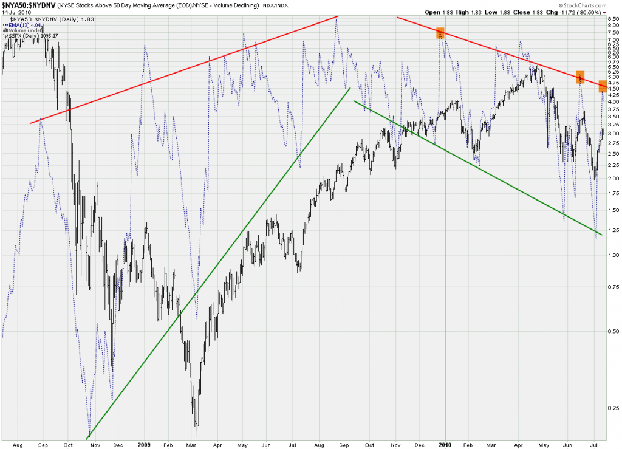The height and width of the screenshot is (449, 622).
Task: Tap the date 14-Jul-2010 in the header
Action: tap(16, 12)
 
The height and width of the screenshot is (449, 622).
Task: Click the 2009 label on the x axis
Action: tap(145, 444)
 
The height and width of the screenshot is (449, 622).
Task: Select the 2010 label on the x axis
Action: tap(446, 444)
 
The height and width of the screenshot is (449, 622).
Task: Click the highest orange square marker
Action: tap(441, 33)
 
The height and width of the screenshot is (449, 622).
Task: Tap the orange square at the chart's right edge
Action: tap(602, 87)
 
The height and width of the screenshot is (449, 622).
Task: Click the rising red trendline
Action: tap(182, 70)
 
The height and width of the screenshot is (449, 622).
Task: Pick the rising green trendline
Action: tap(219, 263)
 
